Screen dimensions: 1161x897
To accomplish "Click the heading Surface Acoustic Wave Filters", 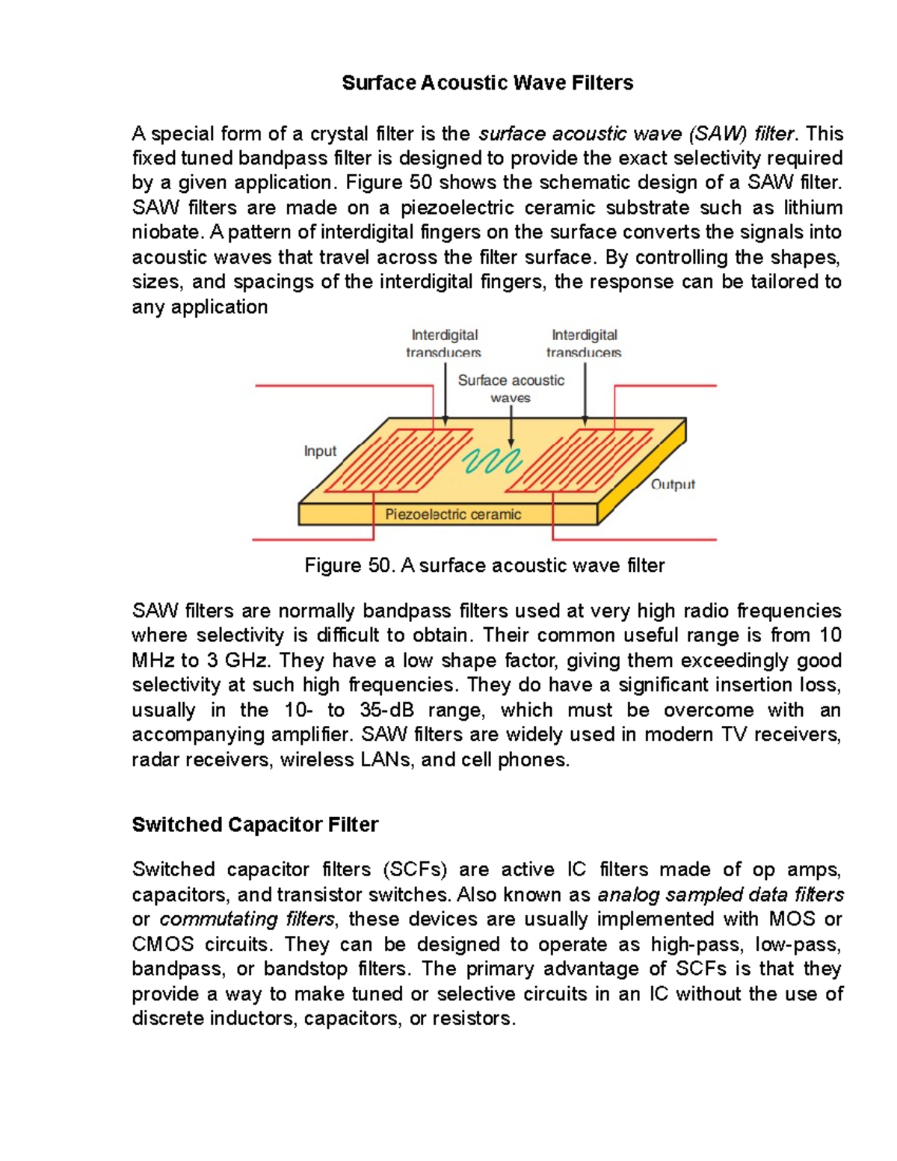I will click(x=487, y=82).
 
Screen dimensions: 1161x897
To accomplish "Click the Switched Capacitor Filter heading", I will click(x=255, y=825).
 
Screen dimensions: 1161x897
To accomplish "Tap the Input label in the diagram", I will click(x=320, y=451).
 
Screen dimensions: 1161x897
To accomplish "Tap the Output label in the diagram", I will click(x=673, y=484).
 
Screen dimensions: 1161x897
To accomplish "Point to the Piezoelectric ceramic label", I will click(x=453, y=514).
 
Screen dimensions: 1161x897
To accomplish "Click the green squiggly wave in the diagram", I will click(x=491, y=461).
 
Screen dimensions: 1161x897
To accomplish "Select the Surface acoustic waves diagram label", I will click(x=511, y=389).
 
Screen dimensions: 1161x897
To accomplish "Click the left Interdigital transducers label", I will click(x=444, y=343).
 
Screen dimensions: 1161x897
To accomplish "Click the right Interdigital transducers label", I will click(x=585, y=343).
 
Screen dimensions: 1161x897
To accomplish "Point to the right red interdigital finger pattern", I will click(x=583, y=460).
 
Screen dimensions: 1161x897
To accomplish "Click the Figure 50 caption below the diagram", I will click(x=484, y=565).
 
